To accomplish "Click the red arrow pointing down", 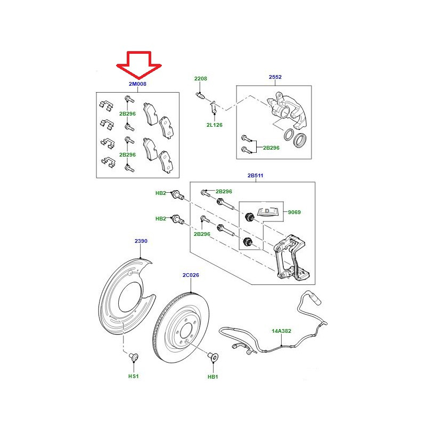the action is (139, 65).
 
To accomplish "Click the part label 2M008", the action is (137, 84).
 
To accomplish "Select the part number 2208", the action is (201, 78).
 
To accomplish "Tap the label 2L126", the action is (215, 125).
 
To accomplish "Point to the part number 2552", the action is (275, 77).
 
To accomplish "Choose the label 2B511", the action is (256, 176).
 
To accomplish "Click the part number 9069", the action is (294, 212).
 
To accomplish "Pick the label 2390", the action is (141, 241).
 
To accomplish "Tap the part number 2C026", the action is (191, 275).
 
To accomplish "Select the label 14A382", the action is (282, 331).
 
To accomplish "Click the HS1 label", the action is (134, 376).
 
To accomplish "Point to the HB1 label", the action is (212, 377).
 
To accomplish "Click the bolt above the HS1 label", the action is (134, 357).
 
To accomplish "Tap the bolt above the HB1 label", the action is (214, 356).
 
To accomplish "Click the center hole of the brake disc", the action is (186, 331).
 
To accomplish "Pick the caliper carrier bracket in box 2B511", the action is (291, 258).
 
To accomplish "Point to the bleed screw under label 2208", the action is (200, 96).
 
